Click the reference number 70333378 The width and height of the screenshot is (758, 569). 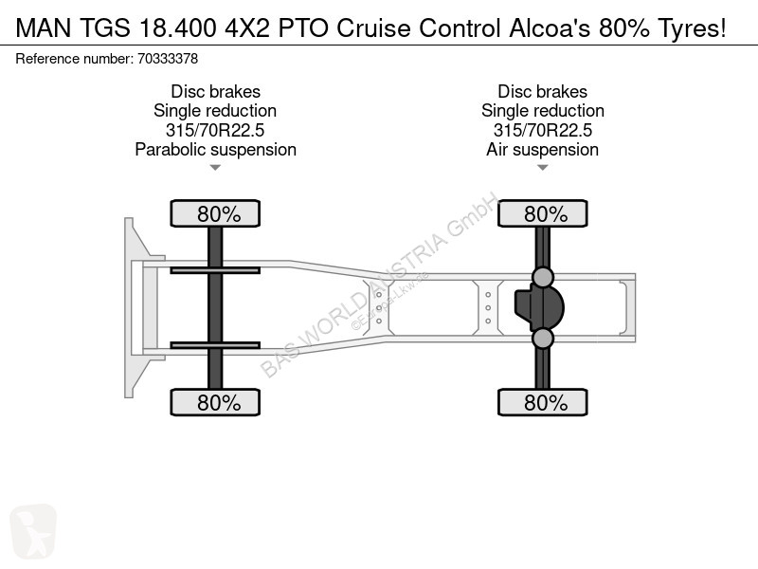tap(168, 59)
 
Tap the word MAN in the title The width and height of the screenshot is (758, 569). tap(44, 28)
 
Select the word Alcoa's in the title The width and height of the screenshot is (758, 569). tap(550, 28)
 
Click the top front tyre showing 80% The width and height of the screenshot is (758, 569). tap(215, 213)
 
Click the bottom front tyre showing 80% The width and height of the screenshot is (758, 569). tap(215, 402)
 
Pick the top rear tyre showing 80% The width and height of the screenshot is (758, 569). tap(542, 213)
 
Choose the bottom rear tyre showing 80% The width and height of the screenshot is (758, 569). tap(542, 402)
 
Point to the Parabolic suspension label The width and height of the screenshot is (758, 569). tap(216, 150)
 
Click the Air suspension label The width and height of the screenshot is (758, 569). tap(542, 150)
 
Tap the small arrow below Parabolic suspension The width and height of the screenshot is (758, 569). tap(215, 168)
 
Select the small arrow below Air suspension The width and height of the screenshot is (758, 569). tap(542, 168)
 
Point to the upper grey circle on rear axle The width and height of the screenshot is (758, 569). tap(542, 277)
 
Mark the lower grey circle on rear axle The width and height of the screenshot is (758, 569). tap(542, 339)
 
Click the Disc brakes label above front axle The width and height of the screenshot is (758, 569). tap(216, 91)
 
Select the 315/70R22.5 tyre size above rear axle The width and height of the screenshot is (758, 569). tap(542, 130)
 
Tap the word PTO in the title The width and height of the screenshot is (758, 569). tap(302, 28)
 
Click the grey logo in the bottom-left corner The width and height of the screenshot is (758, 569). tap(33, 531)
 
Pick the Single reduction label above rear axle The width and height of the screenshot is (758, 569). tap(542, 111)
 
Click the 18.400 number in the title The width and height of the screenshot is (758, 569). tap(177, 28)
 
